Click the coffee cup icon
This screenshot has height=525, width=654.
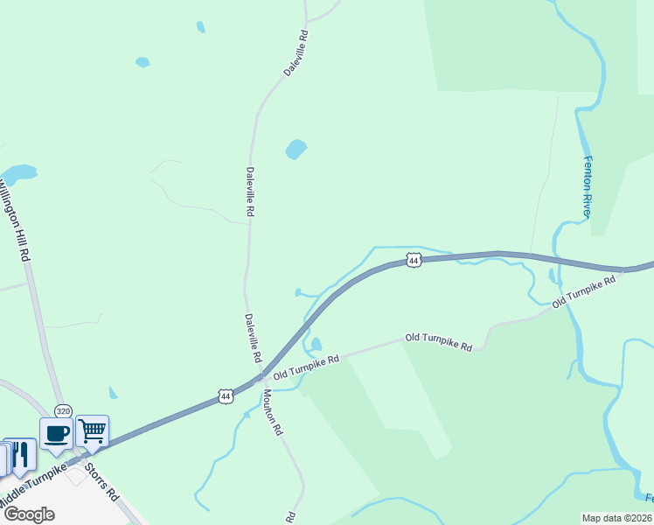[x=56, y=432]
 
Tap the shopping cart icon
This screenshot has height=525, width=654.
[x=92, y=430]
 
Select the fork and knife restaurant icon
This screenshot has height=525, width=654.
[x=20, y=453]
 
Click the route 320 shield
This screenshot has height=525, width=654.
[x=63, y=410]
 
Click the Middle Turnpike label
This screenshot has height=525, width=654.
[x=33, y=486]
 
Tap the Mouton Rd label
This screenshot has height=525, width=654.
[x=272, y=412]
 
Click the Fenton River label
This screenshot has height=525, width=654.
[x=588, y=186]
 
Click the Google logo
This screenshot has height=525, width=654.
[x=29, y=514]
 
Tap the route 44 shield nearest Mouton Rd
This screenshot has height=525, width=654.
[x=226, y=396]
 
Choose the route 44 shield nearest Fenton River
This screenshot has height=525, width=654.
[x=414, y=260]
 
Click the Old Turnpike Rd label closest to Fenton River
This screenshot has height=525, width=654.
[x=584, y=292]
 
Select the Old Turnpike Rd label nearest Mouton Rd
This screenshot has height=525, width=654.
[x=305, y=368]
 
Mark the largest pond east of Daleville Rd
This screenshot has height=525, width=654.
[x=296, y=150]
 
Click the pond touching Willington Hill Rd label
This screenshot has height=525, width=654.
[x=19, y=171]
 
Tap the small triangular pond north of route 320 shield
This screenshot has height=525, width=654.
[x=113, y=393]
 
